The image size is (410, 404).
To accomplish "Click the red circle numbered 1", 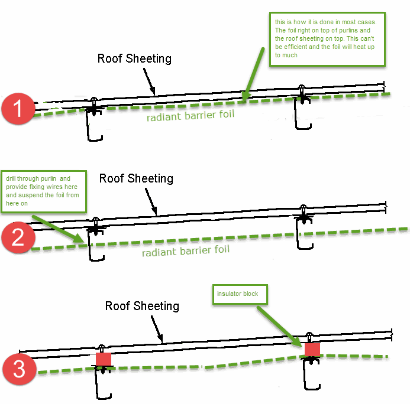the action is point(18,108).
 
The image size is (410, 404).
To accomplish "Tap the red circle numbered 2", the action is point(18,237).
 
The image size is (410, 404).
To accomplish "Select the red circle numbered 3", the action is point(20,369).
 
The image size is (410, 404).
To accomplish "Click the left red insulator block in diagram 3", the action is point(104,359).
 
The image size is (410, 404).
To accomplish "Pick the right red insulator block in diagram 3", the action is point(312,350).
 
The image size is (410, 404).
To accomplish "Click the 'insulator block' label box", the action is point(240,294).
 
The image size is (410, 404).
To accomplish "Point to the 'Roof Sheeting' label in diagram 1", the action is point(134,58).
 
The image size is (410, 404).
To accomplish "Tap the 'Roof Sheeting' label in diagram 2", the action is point(136,178).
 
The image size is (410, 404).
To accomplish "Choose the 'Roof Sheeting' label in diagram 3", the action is point(142,306).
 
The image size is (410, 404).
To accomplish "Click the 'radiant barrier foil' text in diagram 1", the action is point(191,116).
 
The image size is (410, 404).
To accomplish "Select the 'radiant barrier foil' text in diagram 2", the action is point(186,251).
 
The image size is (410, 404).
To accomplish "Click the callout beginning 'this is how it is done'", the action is point(327,39).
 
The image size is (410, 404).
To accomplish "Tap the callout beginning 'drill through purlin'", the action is point(44,191).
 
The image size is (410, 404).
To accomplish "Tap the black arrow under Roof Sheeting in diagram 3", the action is point(157,330).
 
